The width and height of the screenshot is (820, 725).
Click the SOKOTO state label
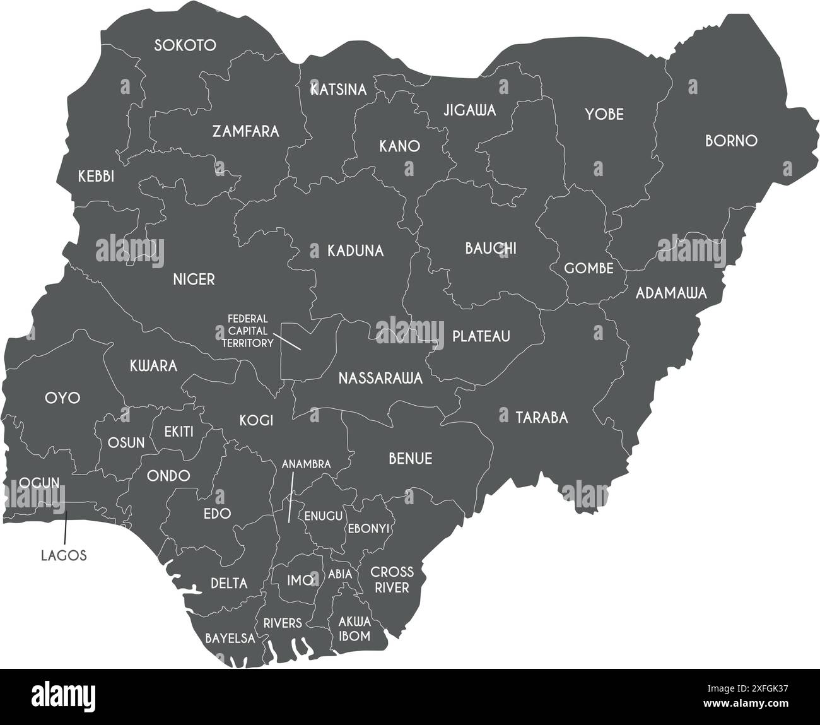185,45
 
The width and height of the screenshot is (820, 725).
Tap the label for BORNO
731,141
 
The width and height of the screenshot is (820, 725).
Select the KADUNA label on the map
355,251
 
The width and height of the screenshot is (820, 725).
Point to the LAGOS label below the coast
64,556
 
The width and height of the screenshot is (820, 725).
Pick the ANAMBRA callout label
306,464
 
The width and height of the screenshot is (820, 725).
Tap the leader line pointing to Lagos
65,528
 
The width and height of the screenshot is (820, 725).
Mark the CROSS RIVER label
392,580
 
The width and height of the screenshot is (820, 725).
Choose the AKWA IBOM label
354,628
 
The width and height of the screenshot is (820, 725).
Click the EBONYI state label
369,528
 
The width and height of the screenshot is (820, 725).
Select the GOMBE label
589,269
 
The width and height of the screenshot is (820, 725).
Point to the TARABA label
542,418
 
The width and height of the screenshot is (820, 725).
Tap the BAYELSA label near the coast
230,639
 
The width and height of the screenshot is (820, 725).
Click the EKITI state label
179,432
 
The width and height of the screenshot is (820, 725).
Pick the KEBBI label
96,177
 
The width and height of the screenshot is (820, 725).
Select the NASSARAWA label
380,379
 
